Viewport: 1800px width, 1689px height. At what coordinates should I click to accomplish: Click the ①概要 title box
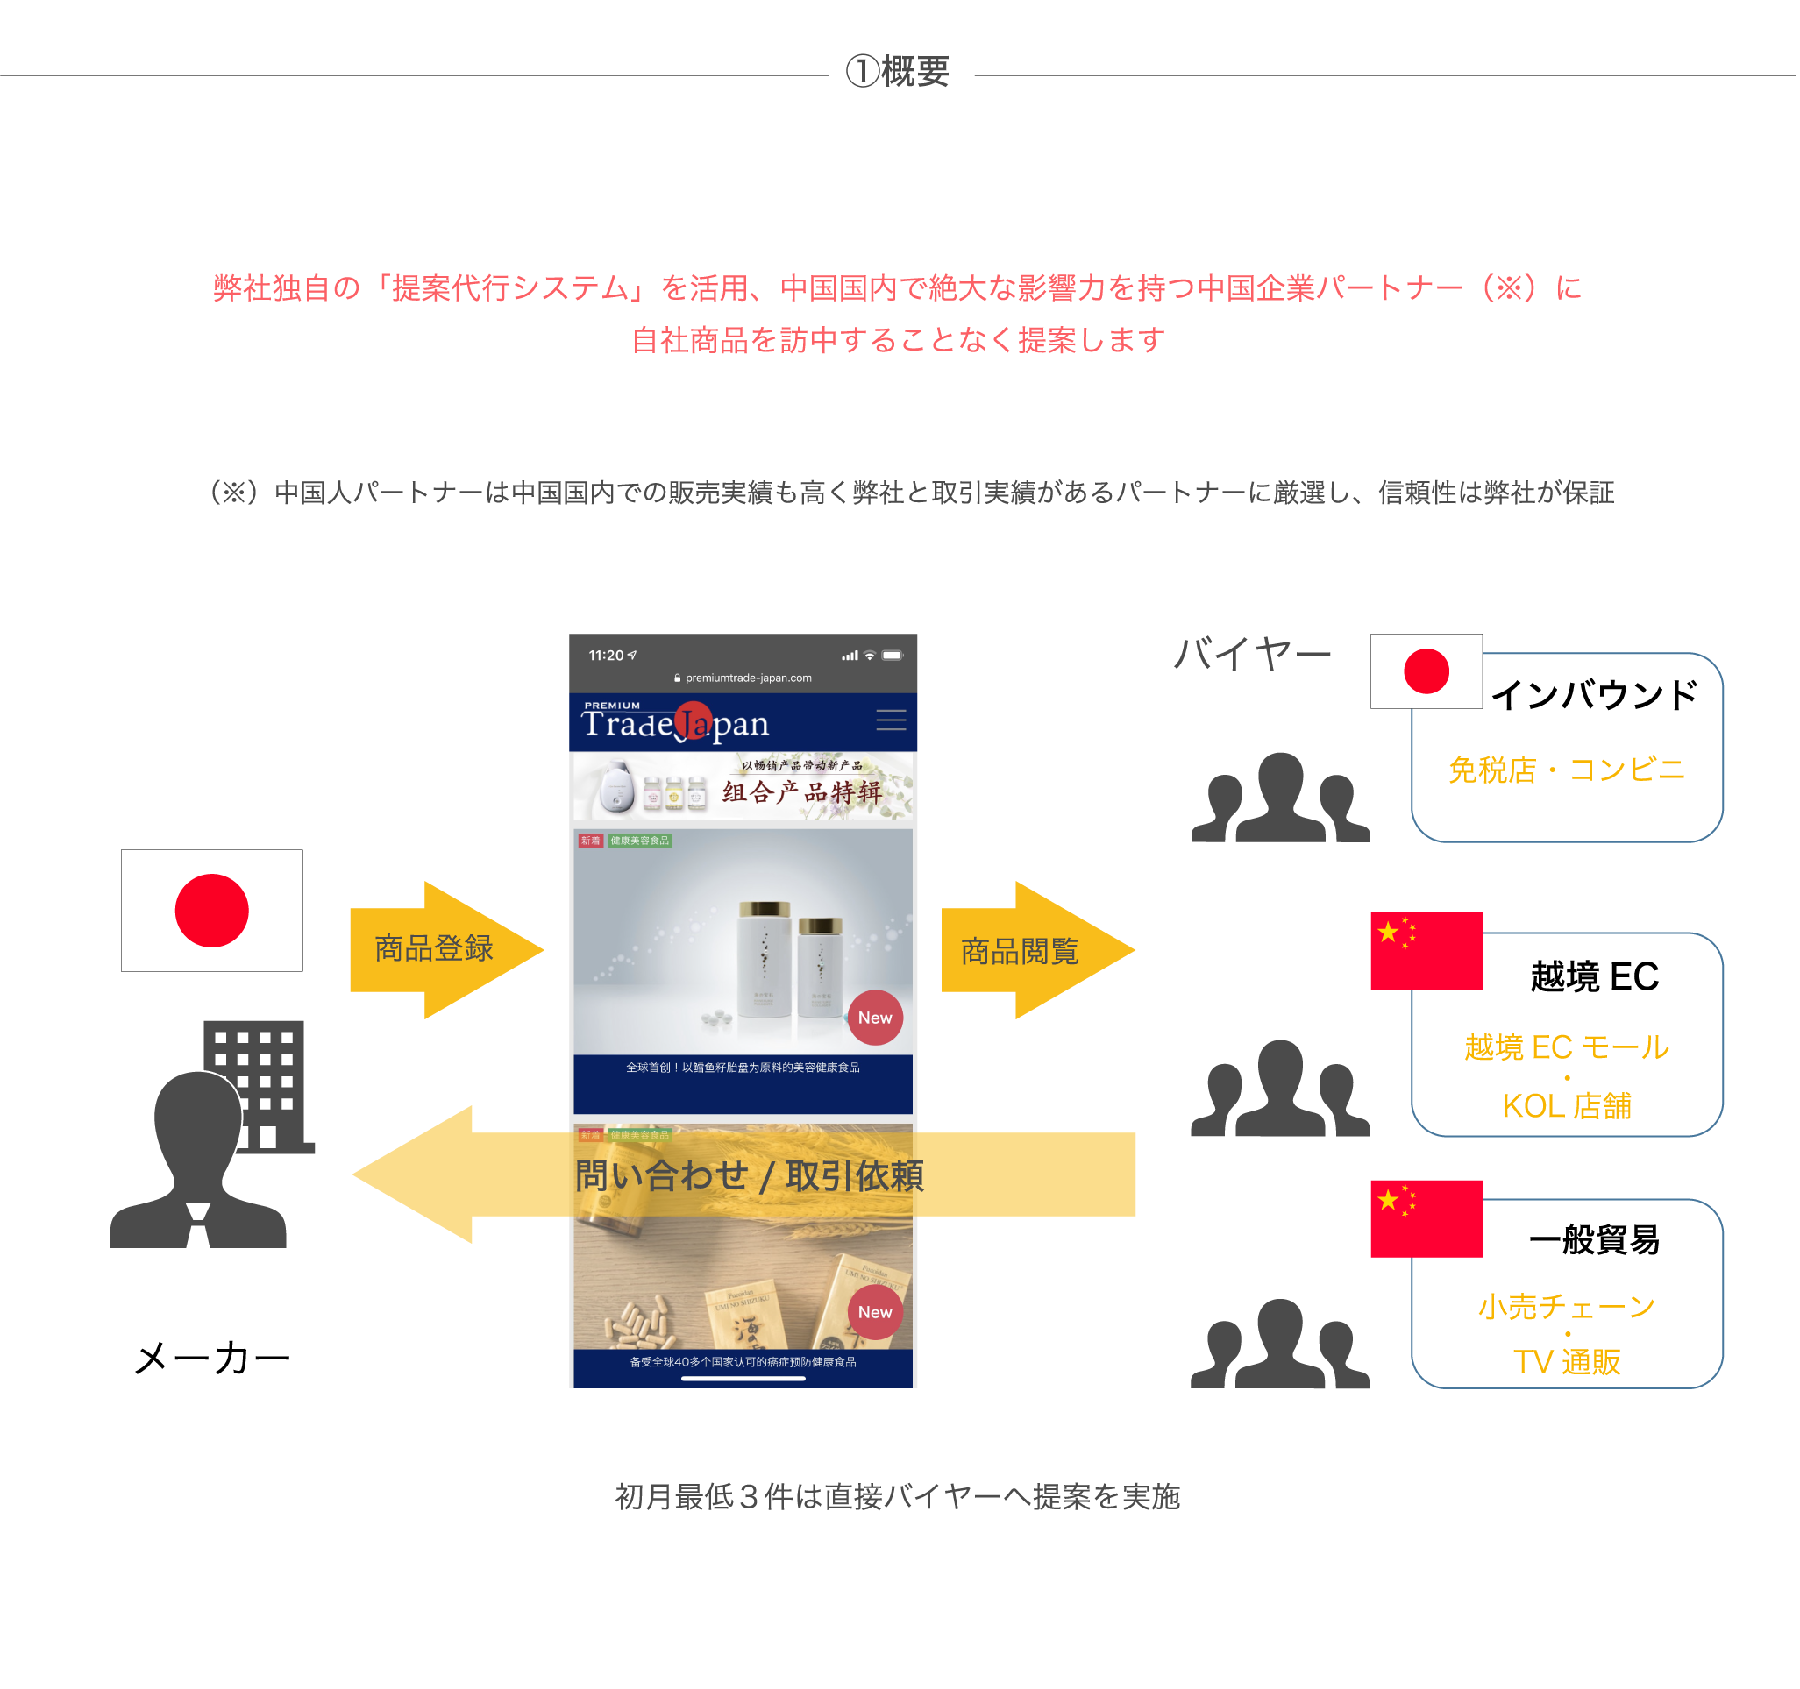pyautogui.click(x=901, y=75)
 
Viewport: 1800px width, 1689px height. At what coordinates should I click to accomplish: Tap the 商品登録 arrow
pyautogui.click(x=436, y=949)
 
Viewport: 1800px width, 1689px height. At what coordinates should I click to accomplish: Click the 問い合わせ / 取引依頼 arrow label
pyautogui.click(x=750, y=1175)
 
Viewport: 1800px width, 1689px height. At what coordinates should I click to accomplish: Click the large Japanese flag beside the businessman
pyautogui.click(x=212, y=910)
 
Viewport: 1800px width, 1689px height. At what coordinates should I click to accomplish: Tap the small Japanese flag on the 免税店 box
pyautogui.click(x=1426, y=671)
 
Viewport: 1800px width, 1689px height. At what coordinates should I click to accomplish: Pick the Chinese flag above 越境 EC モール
pyautogui.click(x=1426, y=950)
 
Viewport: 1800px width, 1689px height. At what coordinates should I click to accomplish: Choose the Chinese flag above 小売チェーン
pyautogui.click(x=1426, y=1218)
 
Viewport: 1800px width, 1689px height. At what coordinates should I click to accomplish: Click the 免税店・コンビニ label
pyautogui.click(x=1567, y=770)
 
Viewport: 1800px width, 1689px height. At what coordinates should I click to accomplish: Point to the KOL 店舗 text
pyautogui.click(x=1567, y=1106)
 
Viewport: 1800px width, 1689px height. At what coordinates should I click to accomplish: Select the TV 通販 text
pyautogui.click(x=1567, y=1362)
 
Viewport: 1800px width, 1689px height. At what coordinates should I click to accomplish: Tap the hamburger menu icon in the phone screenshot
pyautogui.click(x=891, y=720)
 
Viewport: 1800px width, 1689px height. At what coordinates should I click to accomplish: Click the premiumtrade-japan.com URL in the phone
pyautogui.click(x=748, y=678)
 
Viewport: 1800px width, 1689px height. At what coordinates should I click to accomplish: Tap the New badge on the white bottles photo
pyautogui.click(x=875, y=1018)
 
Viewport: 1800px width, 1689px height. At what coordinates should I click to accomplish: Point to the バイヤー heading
pyautogui.click(x=1252, y=654)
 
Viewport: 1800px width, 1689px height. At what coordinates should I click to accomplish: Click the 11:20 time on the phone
pyautogui.click(x=607, y=656)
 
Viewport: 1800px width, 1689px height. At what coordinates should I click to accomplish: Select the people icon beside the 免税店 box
pyautogui.click(x=1280, y=798)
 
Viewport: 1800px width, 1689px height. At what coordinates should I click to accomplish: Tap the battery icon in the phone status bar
pyautogui.click(x=893, y=656)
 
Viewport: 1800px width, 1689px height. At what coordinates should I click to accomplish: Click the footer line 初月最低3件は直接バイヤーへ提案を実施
pyautogui.click(x=897, y=1497)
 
